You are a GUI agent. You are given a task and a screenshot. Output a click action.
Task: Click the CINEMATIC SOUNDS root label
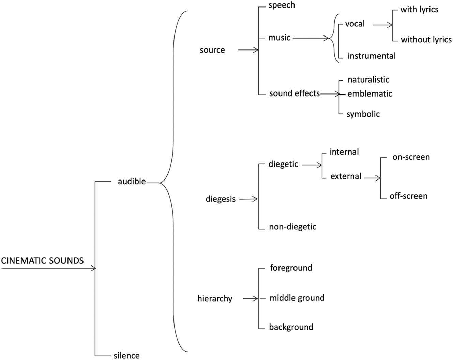pos(42,261)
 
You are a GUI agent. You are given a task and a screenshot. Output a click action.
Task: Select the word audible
pos(132,182)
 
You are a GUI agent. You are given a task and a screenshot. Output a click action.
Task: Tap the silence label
pos(126,355)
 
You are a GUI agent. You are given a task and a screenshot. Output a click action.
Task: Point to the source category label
pos(212,50)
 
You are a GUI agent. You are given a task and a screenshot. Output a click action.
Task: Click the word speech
pos(282,5)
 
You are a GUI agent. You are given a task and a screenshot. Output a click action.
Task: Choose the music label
pos(279,38)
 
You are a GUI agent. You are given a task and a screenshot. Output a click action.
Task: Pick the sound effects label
pos(294,93)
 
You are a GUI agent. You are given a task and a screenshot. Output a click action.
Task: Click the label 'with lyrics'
pos(419,10)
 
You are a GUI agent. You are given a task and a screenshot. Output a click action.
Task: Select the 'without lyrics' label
pos(426,40)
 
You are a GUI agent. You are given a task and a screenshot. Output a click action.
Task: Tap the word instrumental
pos(371,56)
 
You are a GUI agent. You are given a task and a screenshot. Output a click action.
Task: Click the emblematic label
pos(369,93)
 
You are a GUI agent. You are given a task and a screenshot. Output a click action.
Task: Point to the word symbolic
pos(363,114)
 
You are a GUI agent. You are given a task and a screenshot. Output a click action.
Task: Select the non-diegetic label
pos(292,227)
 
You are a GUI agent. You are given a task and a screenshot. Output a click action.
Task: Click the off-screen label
pos(408,196)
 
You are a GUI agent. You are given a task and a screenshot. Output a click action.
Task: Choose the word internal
pos(344,152)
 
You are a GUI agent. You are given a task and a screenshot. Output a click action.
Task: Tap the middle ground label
pos(297,298)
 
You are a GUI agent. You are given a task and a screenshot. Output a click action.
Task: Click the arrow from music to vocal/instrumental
pos(312,38)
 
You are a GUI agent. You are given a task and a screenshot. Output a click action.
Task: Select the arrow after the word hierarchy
pos(251,299)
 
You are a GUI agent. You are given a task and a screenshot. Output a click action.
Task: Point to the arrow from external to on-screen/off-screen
pos(372,178)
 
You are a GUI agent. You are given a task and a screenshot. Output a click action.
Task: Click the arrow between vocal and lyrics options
pos(382,25)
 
